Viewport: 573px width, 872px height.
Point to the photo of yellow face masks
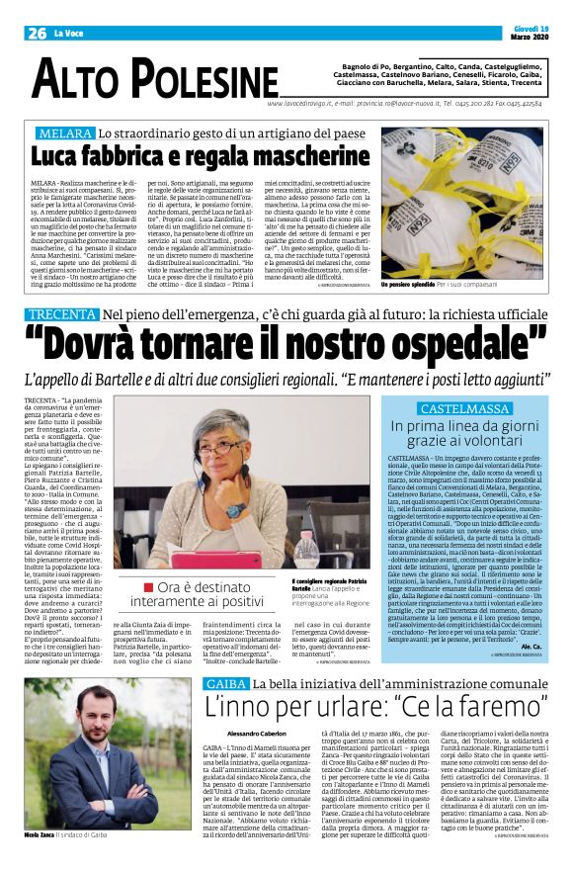click(x=462, y=203)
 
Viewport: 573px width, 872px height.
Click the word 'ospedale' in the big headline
click(x=463, y=348)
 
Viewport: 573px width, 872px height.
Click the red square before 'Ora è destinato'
click(x=147, y=587)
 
